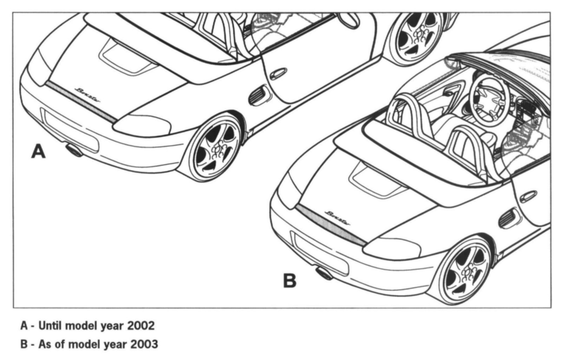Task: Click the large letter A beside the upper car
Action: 38,152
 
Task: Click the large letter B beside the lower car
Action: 290,281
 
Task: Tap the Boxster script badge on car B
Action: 338,218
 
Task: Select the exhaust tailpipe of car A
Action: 74,150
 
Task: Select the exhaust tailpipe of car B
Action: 324,273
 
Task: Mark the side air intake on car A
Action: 259,95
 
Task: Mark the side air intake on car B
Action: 508,218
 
